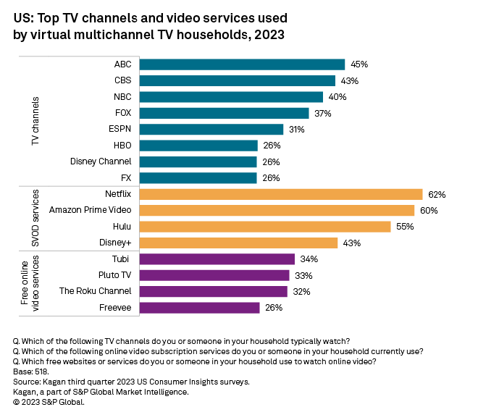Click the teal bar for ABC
pyautogui.click(x=241, y=64)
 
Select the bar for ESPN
pyautogui.click(x=211, y=130)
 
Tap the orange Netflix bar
pyautogui.click(x=280, y=194)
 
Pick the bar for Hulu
pyautogui.click(x=264, y=227)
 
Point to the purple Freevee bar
pyautogui.click(x=198, y=308)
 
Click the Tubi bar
pyautogui.click(x=217, y=259)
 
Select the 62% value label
pyautogui.click(x=436, y=194)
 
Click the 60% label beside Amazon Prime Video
pyautogui.click(x=429, y=211)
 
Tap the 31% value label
pyautogui.click(x=296, y=130)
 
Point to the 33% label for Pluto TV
pyautogui.click(x=303, y=275)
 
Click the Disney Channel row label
pyautogui.click(x=101, y=161)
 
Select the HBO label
pyautogui.click(x=121, y=146)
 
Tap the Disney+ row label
pyautogui.click(x=116, y=243)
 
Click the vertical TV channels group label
pyautogui.click(x=35, y=121)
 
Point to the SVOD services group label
pyautogui.click(x=35, y=219)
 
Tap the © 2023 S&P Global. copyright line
pyautogui.click(x=49, y=402)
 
